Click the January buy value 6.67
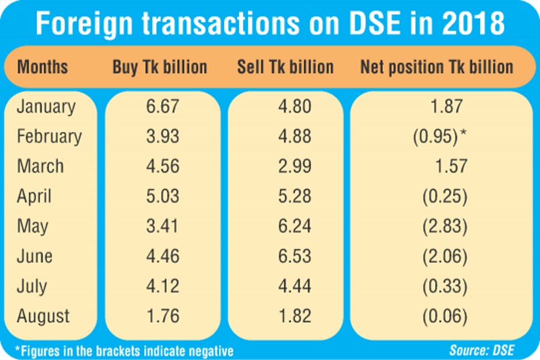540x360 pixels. pos(163,107)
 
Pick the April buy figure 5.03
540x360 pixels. pos(163,196)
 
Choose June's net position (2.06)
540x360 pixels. pos(444,256)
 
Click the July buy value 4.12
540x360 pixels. pos(163,286)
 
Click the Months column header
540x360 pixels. pos(43,67)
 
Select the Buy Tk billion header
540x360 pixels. pos(160,67)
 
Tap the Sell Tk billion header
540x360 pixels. pos(285,67)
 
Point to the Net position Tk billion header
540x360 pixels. pos(437,67)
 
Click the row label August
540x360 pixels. pos(44,316)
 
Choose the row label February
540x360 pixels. pos(49,137)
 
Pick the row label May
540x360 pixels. pos(33,226)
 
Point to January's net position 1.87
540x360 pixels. pos(446,107)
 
